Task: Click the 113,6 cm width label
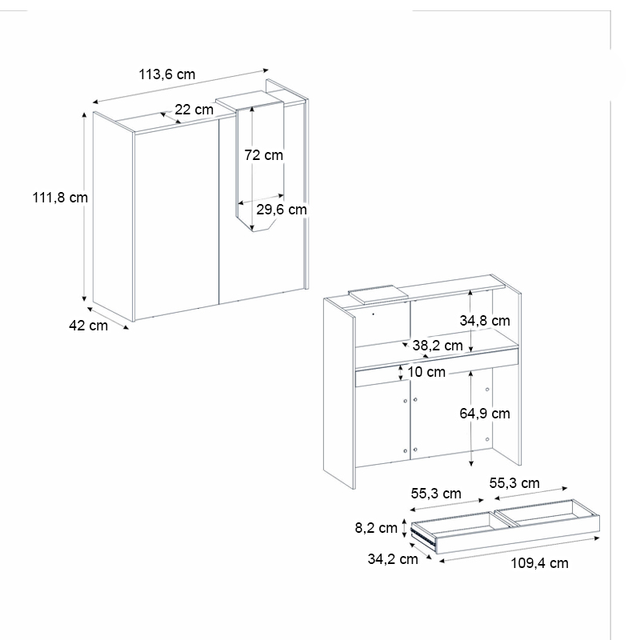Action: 166,74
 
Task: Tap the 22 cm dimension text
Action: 194,110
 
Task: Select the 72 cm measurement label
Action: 263,155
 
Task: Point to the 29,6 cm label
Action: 281,210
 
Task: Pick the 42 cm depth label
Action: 88,326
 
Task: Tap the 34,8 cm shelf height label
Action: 484,320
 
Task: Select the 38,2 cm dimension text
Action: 437,346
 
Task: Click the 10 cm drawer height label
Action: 425,372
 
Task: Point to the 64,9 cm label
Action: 484,414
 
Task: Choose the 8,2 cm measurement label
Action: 377,528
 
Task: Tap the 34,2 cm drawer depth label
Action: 393,559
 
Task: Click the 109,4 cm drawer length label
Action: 539,563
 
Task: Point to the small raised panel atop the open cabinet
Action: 377,293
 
